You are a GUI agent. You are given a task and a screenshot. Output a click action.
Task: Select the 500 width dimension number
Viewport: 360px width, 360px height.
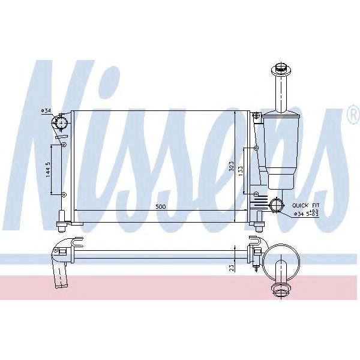tap(161, 206)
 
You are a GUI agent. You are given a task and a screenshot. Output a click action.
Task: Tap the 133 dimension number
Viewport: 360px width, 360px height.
tap(241, 170)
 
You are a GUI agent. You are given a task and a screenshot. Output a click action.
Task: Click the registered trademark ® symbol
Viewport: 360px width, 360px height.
tap(353, 116)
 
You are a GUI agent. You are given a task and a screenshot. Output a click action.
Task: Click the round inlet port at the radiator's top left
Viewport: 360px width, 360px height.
tap(61, 124)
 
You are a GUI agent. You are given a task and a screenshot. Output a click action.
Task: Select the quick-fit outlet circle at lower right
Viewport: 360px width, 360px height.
tap(277, 205)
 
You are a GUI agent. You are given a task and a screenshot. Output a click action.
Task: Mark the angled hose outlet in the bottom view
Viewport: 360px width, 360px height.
tap(62, 274)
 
